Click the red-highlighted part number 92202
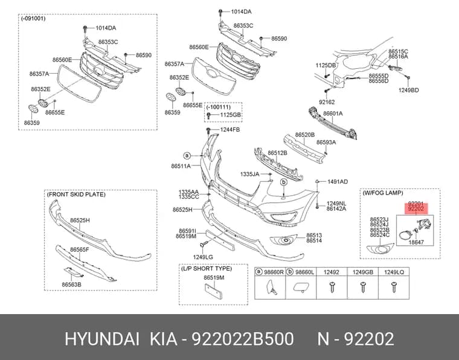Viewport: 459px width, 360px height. point(416,209)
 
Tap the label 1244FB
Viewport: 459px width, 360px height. point(230,129)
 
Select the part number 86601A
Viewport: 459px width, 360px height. point(333,114)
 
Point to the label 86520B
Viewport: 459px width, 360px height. point(305,135)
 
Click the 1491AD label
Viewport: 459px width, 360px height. point(338,182)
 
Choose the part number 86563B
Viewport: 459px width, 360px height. point(71,284)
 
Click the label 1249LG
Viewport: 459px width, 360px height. point(203,257)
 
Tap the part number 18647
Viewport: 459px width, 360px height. point(416,242)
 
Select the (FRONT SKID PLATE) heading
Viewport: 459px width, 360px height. point(76,194)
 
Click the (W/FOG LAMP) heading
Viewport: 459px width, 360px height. point(382,193)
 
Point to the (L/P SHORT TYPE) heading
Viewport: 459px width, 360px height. point(207,269)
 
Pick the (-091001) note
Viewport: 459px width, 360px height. point(33,19)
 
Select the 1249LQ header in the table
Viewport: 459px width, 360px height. point(394,272)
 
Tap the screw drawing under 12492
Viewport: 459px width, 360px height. point(332,286)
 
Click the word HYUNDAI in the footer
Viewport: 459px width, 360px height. point(102,339)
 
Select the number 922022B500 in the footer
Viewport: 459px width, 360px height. point(242,339)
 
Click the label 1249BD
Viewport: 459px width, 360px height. point(409,90)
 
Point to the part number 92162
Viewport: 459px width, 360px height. point(327,102)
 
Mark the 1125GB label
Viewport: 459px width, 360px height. point(230,115)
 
